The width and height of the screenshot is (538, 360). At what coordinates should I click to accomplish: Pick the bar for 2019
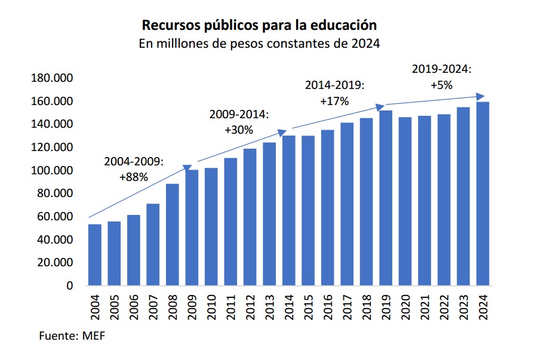(x=386, y=198)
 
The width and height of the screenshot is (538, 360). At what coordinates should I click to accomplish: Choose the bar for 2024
(x=482, y=193)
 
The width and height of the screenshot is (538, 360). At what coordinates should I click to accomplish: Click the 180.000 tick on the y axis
(x=51, y=78)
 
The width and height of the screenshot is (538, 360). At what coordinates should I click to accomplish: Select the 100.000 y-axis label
(x=51, y=171)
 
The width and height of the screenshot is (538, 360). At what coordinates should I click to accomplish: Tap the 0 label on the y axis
(x=69, y=286)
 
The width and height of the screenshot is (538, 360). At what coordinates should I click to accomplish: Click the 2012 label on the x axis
(x=250, y=307)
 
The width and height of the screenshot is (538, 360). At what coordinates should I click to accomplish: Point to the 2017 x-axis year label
(x=348, y=307)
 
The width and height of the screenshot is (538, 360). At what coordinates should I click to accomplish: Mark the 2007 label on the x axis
(x=153, y=307)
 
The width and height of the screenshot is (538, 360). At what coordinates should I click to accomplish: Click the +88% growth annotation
(x=134, y=177)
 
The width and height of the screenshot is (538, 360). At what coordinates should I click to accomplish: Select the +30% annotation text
(x=239, y=130)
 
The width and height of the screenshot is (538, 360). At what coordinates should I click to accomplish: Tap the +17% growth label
(x=334, y=101)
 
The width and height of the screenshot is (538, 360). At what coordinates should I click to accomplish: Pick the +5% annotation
(x=442, y=85)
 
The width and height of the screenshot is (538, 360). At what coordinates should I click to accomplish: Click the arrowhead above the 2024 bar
(x=480, y=96)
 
